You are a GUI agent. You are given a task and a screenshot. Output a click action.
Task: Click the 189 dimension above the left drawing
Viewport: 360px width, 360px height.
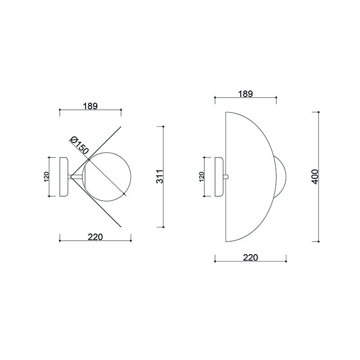(x=90, y=106)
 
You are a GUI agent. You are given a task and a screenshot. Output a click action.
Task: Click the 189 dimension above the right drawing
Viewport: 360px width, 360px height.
(x=245, y=94)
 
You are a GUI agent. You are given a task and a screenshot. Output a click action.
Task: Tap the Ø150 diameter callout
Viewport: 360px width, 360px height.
(x=80, y=145)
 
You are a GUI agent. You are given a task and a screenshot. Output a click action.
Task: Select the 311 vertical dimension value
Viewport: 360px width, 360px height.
(x=160, y=176)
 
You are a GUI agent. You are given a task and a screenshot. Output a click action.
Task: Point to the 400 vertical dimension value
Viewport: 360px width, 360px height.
(x=315, y=176)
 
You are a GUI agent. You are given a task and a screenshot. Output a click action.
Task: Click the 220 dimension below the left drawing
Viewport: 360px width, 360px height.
(x=95, y=237)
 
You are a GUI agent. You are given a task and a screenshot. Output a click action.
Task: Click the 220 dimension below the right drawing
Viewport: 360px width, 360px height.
(x=251, y=257)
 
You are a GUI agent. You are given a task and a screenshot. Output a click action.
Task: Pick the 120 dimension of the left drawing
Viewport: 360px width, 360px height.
(x=46, y=177)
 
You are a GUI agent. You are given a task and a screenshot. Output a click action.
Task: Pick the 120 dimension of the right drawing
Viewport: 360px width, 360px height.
(x=202, y=177)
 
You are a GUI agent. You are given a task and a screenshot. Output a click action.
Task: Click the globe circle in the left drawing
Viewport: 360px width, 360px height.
(x=131, y=177)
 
